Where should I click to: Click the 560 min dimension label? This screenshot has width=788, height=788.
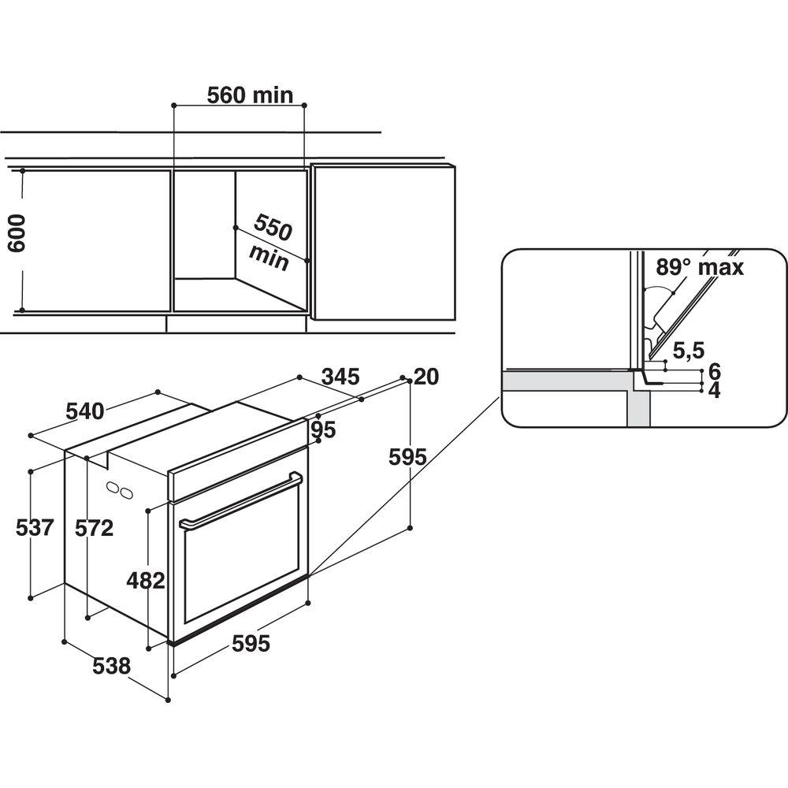(x=250, y=95)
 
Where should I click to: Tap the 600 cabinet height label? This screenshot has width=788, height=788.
(x=17, y=232)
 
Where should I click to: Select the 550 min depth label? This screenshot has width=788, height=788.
(x=271, y=243)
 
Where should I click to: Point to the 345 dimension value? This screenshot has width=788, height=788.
(x=340, y=377)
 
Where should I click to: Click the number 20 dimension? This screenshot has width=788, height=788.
(x=426, y=377)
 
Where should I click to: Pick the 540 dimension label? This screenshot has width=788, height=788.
(x=85, y=411)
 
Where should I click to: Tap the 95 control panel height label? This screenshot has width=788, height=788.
(x=323, y=429)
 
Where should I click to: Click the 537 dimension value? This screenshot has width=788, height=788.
(x=35, y=528)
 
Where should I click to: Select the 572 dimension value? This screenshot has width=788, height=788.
(x=94, y=528)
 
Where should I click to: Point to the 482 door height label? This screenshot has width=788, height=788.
(x=146, y=581)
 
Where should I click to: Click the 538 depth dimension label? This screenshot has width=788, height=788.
(x=112, y=666)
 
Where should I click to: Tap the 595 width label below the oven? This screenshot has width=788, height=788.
(x=251, y=643)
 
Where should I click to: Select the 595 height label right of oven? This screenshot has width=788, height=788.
(x=407, y=457)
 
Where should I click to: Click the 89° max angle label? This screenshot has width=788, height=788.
(x=700, y=267)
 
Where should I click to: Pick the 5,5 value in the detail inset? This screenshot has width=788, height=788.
(x=689, y=351)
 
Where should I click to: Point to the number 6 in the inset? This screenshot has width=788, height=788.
(x=714, y=371)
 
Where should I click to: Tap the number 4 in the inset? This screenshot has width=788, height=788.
(x=714, y=390)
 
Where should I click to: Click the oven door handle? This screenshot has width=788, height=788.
(x=242, y=501)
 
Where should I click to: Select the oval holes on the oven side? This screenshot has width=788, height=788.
(x=120, y=490)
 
